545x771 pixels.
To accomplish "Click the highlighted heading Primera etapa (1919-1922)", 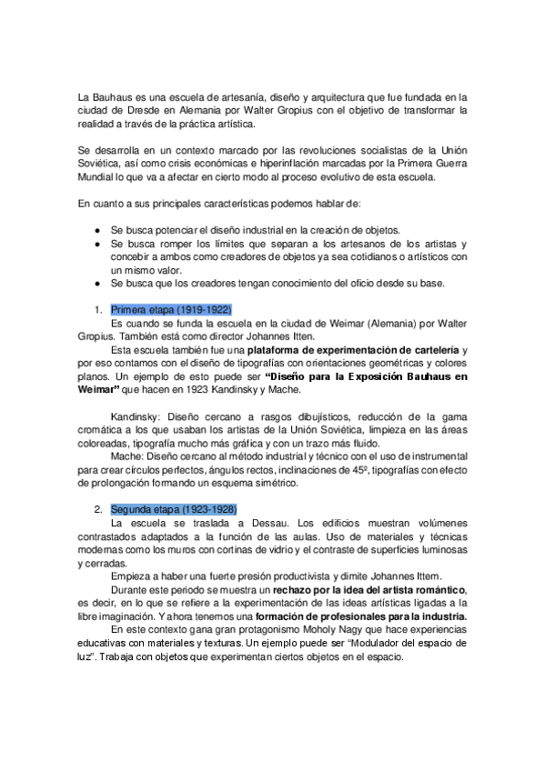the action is click(171, 309).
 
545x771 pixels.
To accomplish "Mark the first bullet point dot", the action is click(97, 229).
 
